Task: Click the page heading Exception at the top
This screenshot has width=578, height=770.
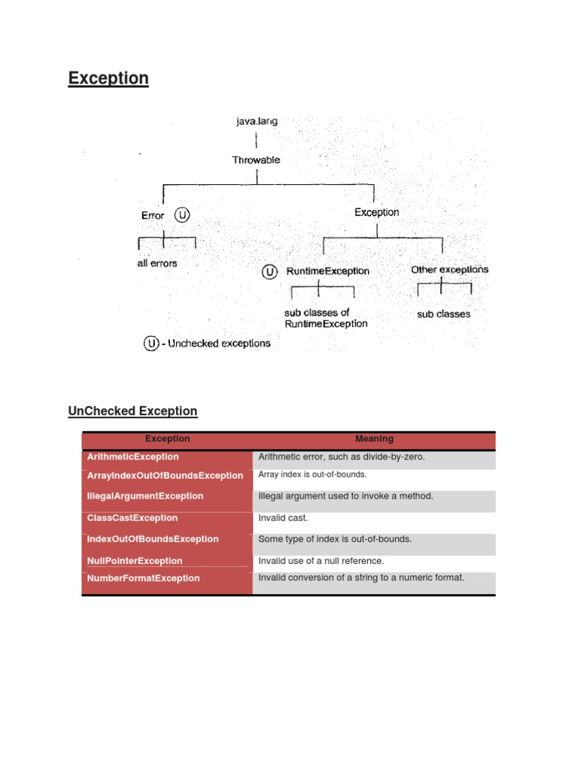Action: (x=108, y=78)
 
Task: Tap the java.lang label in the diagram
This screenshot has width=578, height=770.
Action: (x=257, y=121)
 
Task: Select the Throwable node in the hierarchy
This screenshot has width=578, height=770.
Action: (x=257, y=160)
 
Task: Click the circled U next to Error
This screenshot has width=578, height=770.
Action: (x=182, y=215)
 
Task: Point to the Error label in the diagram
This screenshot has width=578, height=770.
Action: (x=153, y=216)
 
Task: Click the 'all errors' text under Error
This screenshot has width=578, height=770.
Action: (x=157, y=264)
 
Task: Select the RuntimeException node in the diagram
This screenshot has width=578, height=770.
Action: (x=327, y=271)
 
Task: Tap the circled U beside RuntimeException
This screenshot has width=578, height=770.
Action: (x=269, y=271)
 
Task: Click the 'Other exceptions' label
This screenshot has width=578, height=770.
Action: (x=449, y=269)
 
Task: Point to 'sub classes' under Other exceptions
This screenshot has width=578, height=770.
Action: (x=443, y=314)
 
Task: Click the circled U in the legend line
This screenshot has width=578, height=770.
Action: (x=152, y=344)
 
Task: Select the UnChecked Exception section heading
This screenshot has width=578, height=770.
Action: (x=132, y=411)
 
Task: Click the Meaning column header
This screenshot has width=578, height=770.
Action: (x=374, y=439)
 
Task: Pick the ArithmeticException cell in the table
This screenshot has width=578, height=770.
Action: (x=133, y=457)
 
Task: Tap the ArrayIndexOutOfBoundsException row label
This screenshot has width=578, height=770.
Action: (x=165, y=476)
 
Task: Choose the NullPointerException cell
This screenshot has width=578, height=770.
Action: (x=135, y=561)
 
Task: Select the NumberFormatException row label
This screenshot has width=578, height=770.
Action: (x=144, y=578)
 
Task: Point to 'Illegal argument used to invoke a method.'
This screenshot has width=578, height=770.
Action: (x=345, y=496)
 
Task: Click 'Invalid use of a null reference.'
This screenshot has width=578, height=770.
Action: (x=321, y=561)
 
